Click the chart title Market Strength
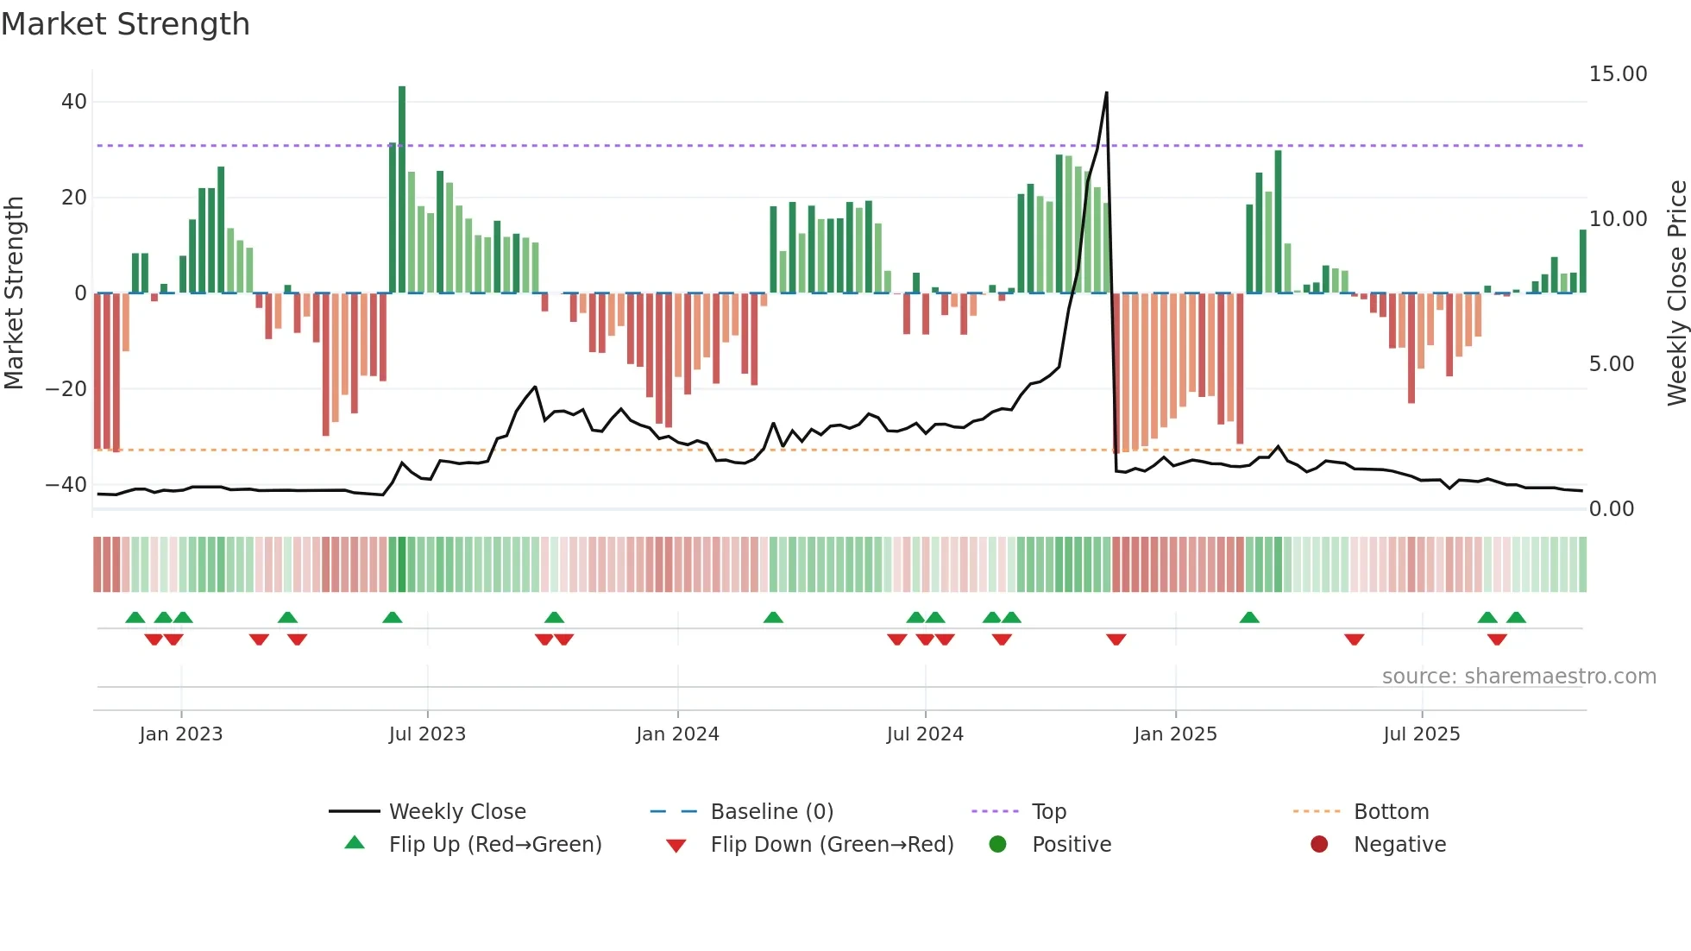125,24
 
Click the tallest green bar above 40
402,190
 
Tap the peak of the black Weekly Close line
1106,93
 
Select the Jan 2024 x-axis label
677,734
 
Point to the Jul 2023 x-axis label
427,734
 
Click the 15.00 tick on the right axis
1618,74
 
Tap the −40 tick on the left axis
66,485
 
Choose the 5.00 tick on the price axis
1612,364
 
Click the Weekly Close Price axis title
1676,293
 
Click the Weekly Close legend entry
456,812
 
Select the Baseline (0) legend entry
771,812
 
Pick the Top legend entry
1048,812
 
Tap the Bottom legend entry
1391,812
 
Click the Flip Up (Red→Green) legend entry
494,845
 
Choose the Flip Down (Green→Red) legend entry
832,845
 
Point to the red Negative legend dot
1319,845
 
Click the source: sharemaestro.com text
1518,677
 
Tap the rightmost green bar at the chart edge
1583,261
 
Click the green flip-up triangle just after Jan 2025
1249,618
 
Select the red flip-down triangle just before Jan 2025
1116,639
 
